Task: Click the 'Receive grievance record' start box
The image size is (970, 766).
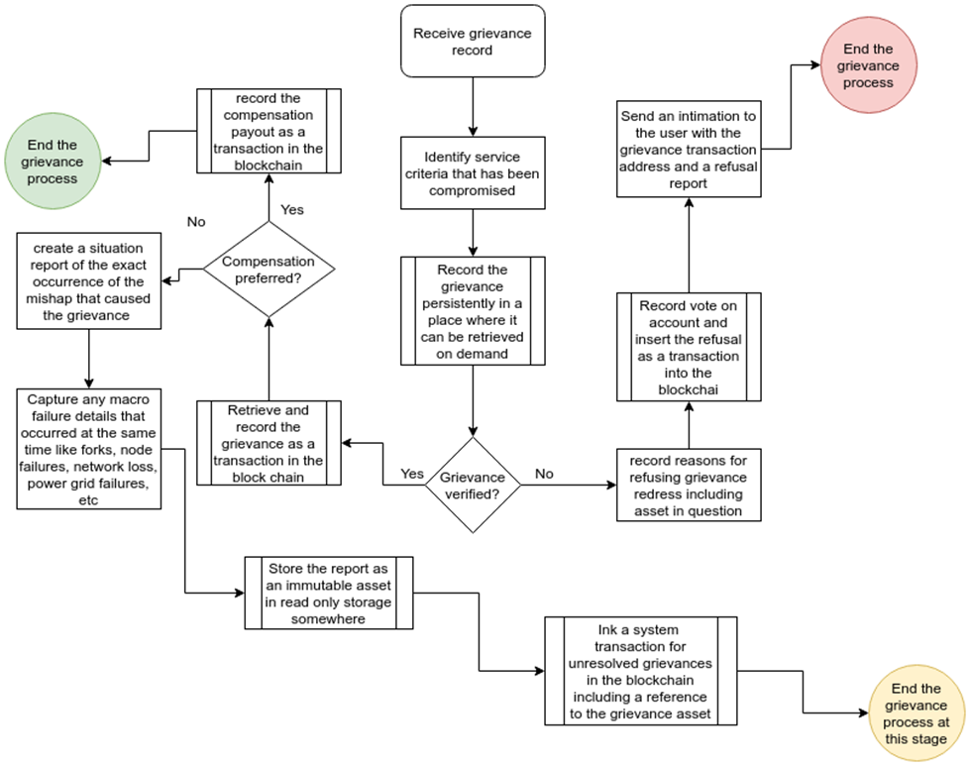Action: (x=473, y=42)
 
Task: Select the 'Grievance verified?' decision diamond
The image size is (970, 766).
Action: (x=473, y=486)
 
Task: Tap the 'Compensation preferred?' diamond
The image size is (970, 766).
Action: (x=269, y=270)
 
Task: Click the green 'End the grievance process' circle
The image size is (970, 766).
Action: (x=53, y=161)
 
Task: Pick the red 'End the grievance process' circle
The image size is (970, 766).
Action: (x=869, y=65)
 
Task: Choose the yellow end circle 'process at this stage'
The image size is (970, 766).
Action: (x=916, y=712)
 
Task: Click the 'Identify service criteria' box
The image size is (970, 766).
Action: (x=473, y=173)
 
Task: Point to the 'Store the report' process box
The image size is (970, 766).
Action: (x=329, y=593)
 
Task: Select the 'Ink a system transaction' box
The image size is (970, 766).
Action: (x=641, y=671)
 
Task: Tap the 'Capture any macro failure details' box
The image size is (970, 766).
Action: (x=88, y=449)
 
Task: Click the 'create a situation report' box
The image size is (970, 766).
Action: (x=88, y=280)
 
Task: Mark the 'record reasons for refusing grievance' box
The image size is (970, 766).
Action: (x=689, y=486)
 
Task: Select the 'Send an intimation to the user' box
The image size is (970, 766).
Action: (x=689, y=149)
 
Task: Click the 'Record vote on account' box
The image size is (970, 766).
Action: (x=689, y=347)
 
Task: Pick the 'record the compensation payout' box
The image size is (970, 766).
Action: (x=269, y=131)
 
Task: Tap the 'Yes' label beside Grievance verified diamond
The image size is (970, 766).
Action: (x=412, y=474)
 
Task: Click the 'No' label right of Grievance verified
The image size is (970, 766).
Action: (x=544, y=474)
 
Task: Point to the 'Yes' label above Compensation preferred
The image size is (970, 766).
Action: (x=292, y=209)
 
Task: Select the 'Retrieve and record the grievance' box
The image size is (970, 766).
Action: (x=269, y=443)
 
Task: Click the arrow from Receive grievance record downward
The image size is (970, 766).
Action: (x=473, y=107)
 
